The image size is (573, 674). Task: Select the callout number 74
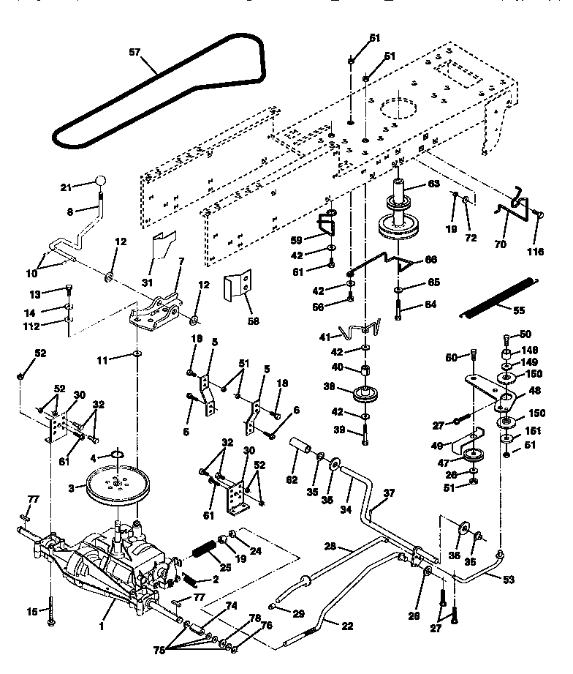coord(232,605)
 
